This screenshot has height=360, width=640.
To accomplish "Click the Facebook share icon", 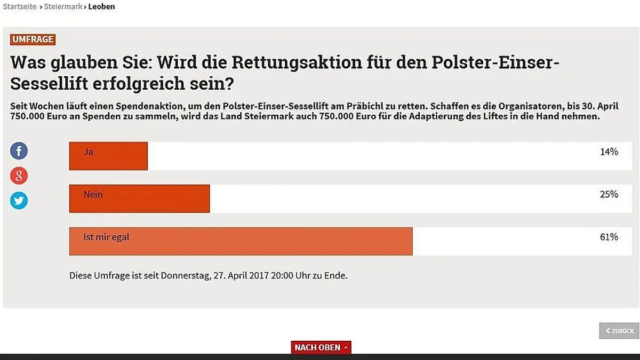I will [19, 151].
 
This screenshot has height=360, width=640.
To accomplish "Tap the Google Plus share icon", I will [19, 175].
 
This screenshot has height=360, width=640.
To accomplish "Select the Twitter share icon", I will [19, 201].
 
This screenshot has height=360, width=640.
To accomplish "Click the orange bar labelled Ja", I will [108, 156].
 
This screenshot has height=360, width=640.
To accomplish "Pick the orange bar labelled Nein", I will [139, 198].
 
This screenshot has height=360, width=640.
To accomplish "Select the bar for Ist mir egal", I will [241, 241].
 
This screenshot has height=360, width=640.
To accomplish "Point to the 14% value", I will [609, 152].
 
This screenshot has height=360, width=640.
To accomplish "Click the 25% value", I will [609, 195].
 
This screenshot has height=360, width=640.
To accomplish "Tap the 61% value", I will [609, 237].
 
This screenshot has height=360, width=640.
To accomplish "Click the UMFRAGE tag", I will [33, 39].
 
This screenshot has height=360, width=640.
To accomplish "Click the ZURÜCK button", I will [619, 331].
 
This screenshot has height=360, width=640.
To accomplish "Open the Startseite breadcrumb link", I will [20, 7].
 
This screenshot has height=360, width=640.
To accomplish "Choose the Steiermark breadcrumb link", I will [63, 7].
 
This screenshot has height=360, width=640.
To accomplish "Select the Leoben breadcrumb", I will [101, 7].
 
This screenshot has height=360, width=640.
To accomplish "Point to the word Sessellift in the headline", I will [56, 84].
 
